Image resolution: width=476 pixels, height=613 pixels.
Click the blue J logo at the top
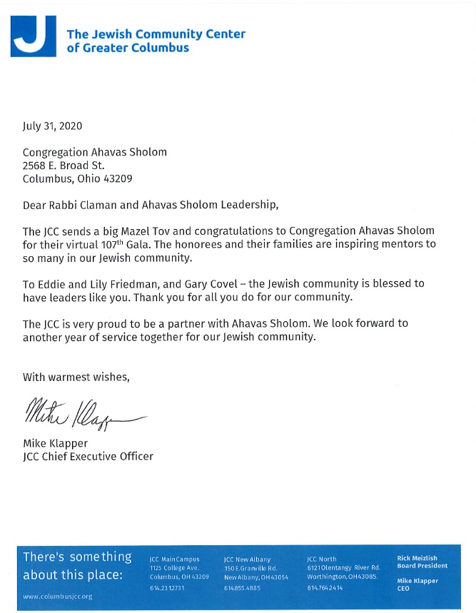pyautogui.click(x=34, y=35)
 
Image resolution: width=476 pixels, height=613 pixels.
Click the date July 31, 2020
pyautogui.click(x=53, y=126)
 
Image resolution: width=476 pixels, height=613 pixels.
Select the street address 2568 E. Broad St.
pyautogui.click(x=64, y=166)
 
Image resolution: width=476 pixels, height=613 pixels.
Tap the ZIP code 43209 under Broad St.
pyautogui.click(x=118, y=178)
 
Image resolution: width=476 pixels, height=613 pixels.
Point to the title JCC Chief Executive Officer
pyautogui.click(x=88, y=456)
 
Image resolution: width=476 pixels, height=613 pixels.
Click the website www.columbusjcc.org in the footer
pyautogui.click(x=58, y=596)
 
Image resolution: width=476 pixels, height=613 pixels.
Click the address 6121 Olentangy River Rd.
pyautogui.click(x=342, y=568)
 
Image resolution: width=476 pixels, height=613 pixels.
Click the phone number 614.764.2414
pyautogui.click(x=325, y=587)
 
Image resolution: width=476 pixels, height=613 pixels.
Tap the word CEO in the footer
pyautogui.click(x=404, y=589)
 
